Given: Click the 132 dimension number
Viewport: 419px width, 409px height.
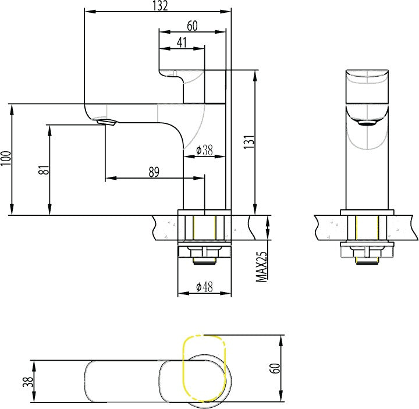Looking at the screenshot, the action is click(160, 6).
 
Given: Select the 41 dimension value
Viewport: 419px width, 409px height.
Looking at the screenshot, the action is click(182, 42).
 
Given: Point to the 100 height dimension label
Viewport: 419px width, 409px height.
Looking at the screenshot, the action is click(6, 158).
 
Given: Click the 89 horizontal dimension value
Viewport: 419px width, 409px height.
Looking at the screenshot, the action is click(154, 172).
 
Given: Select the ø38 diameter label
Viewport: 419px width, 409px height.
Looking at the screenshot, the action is click(204, 151).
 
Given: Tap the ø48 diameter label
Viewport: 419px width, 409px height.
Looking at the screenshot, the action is click(204, 287).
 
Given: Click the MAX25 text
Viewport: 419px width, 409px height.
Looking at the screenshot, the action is click(262, 267).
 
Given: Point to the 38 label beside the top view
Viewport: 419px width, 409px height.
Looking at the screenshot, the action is click(28, 382).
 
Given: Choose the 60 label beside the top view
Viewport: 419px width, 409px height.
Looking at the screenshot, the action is click(276, 368).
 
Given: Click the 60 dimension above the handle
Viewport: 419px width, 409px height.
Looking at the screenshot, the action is click(192, 26).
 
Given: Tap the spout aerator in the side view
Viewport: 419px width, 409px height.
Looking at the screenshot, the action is click(106, 122).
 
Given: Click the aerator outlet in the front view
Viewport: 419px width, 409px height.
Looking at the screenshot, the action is click(367, 123).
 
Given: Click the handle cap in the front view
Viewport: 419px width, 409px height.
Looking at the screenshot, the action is click(367, 86).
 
